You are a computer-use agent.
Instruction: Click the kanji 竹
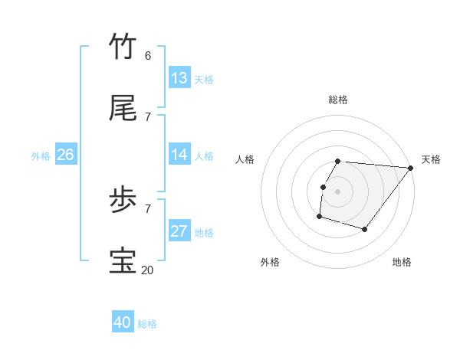pyautogui.click(x=123, y=47)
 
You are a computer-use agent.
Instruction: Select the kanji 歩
pyautogui.click(x=123, y=201)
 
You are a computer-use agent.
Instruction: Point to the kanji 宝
pyautogui.click(x=123, y=261)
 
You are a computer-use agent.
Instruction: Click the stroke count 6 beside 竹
pyautogui.click(x=148, y=56)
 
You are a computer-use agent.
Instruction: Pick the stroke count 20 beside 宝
pyautogui.click(x=147, y=270)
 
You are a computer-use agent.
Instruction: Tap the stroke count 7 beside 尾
pyautogui.click(x=148, y=117)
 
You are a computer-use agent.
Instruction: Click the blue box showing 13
pyautogui.click(x=179, y=78)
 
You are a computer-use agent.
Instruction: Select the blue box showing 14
pyautogui.click(x=179, y=155)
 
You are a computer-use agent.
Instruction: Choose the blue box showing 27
pyautogui.click(x=179, y=231)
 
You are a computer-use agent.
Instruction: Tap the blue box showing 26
pyautogui.click(x=65, y=155)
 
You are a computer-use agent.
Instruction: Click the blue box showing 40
pyautogui.click(x=123, y=322)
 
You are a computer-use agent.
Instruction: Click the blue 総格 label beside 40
pyautogui.click(x=147, y=324)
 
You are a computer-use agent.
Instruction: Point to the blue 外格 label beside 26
pyautogui.click(x=41, y=156)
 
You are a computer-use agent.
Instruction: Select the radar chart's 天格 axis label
pyautogui.click(x=431, y=159)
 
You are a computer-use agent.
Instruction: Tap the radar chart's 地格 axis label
pyautogui.click(x=402, y=262)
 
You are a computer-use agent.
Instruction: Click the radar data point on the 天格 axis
pyautogui.click(x=410, y=168)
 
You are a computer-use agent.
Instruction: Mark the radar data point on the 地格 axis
pyautogui.click(x=365, y=229)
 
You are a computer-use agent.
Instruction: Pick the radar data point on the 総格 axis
pyautogui.click(x=338, y=161)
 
